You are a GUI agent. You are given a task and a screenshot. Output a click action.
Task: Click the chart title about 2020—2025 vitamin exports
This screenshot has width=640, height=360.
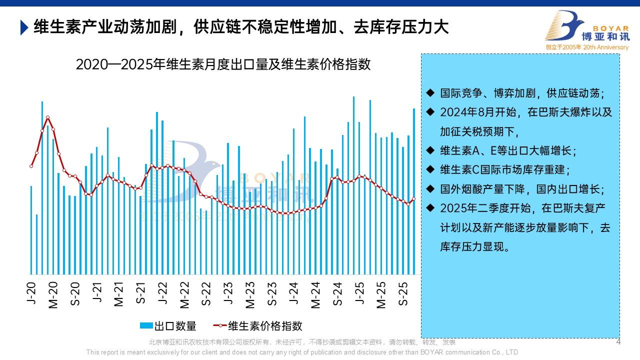tap(223, 64)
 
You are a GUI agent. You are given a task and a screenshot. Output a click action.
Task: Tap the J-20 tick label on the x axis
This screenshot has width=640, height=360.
tap(31, 293)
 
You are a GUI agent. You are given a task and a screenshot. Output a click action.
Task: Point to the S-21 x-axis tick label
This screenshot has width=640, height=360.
tap(141, 293)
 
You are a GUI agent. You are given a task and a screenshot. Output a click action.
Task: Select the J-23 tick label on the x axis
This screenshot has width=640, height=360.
tap(228, 293)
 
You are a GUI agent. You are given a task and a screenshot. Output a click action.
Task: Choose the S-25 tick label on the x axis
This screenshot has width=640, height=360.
tap(403, 293)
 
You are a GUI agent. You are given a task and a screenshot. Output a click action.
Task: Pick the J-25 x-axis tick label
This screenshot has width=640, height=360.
tap(359, 293)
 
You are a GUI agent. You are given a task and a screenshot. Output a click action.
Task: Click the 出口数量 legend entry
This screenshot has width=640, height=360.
tap(168, 326)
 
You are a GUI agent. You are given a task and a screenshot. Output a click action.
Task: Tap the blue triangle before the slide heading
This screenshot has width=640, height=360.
tap(24, 27)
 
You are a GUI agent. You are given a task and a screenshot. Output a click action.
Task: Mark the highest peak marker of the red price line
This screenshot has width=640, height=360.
tap(47, 117)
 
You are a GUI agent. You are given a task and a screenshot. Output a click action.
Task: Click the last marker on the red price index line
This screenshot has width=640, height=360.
tap(413, 199)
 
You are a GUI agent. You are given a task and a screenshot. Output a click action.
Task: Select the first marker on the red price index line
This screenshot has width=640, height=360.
tap(31, 166)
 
